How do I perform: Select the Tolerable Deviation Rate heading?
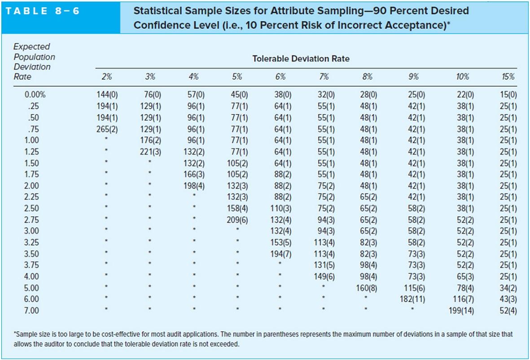point(300,59)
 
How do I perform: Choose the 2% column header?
point(106,77)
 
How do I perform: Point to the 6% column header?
point(280,77)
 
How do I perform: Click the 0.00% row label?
point(35,95)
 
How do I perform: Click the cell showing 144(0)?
point(107,95)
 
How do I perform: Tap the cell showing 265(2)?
point(107,129)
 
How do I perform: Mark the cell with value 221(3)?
point(150,151)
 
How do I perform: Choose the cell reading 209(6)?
point(237,220)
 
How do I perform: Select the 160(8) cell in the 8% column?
point(368,288)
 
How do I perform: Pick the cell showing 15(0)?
point(508,95)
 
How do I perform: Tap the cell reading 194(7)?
point(281,254)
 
